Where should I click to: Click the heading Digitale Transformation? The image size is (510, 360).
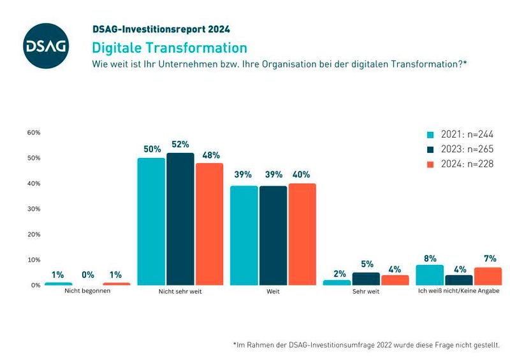coord(169,48)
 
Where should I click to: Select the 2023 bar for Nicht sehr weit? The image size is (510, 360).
coord(180,219)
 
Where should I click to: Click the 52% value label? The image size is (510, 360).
coord(180,145)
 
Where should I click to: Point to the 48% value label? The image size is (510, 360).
coord(210,155)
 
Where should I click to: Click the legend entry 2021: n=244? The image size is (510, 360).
coord(459,134)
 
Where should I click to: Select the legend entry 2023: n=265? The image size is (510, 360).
coord(459,149)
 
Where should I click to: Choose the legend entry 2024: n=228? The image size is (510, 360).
coord(459,164)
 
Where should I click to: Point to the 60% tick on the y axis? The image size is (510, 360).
coord(33,133)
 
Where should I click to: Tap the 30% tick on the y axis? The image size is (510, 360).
coord(33,209)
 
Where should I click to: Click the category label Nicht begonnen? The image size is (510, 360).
coord(87,291)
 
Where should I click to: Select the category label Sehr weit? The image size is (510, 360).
coord(366,291)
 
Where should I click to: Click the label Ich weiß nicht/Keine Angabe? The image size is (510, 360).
coord(459,291)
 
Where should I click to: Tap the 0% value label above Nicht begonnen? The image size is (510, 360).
coord(87,275)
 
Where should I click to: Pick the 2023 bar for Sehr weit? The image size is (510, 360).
coord(366,279)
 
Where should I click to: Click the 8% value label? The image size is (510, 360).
coord(430,258)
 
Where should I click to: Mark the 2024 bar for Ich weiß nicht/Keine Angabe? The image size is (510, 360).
coord(488,277)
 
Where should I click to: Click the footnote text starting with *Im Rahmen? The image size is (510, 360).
coord(366,345)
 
